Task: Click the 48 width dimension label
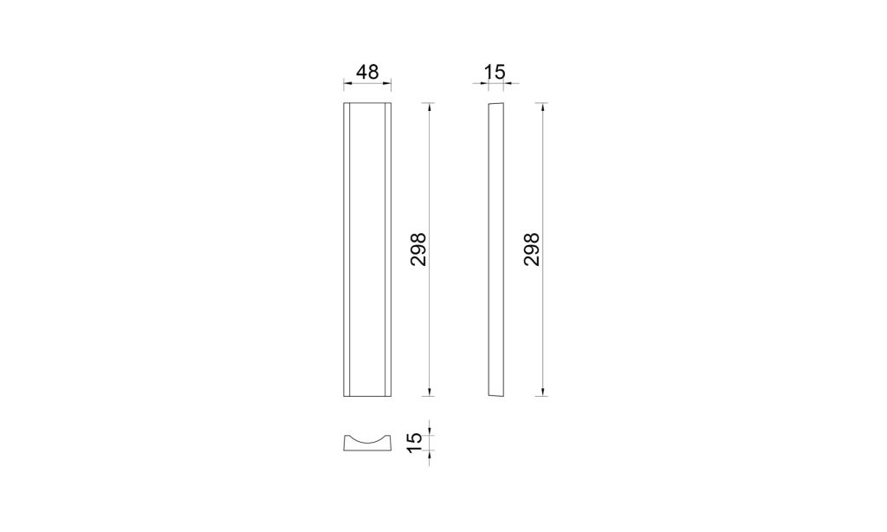(x=367, y=72)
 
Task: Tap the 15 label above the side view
(x=495, y=72)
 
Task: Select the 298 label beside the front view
(x=418, y=250)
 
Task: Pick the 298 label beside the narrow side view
(x=532, y=250)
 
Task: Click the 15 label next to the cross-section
(x=415, y=443)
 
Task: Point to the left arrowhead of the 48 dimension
(x=347, y=84)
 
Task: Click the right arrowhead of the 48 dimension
(x=387, y=84)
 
